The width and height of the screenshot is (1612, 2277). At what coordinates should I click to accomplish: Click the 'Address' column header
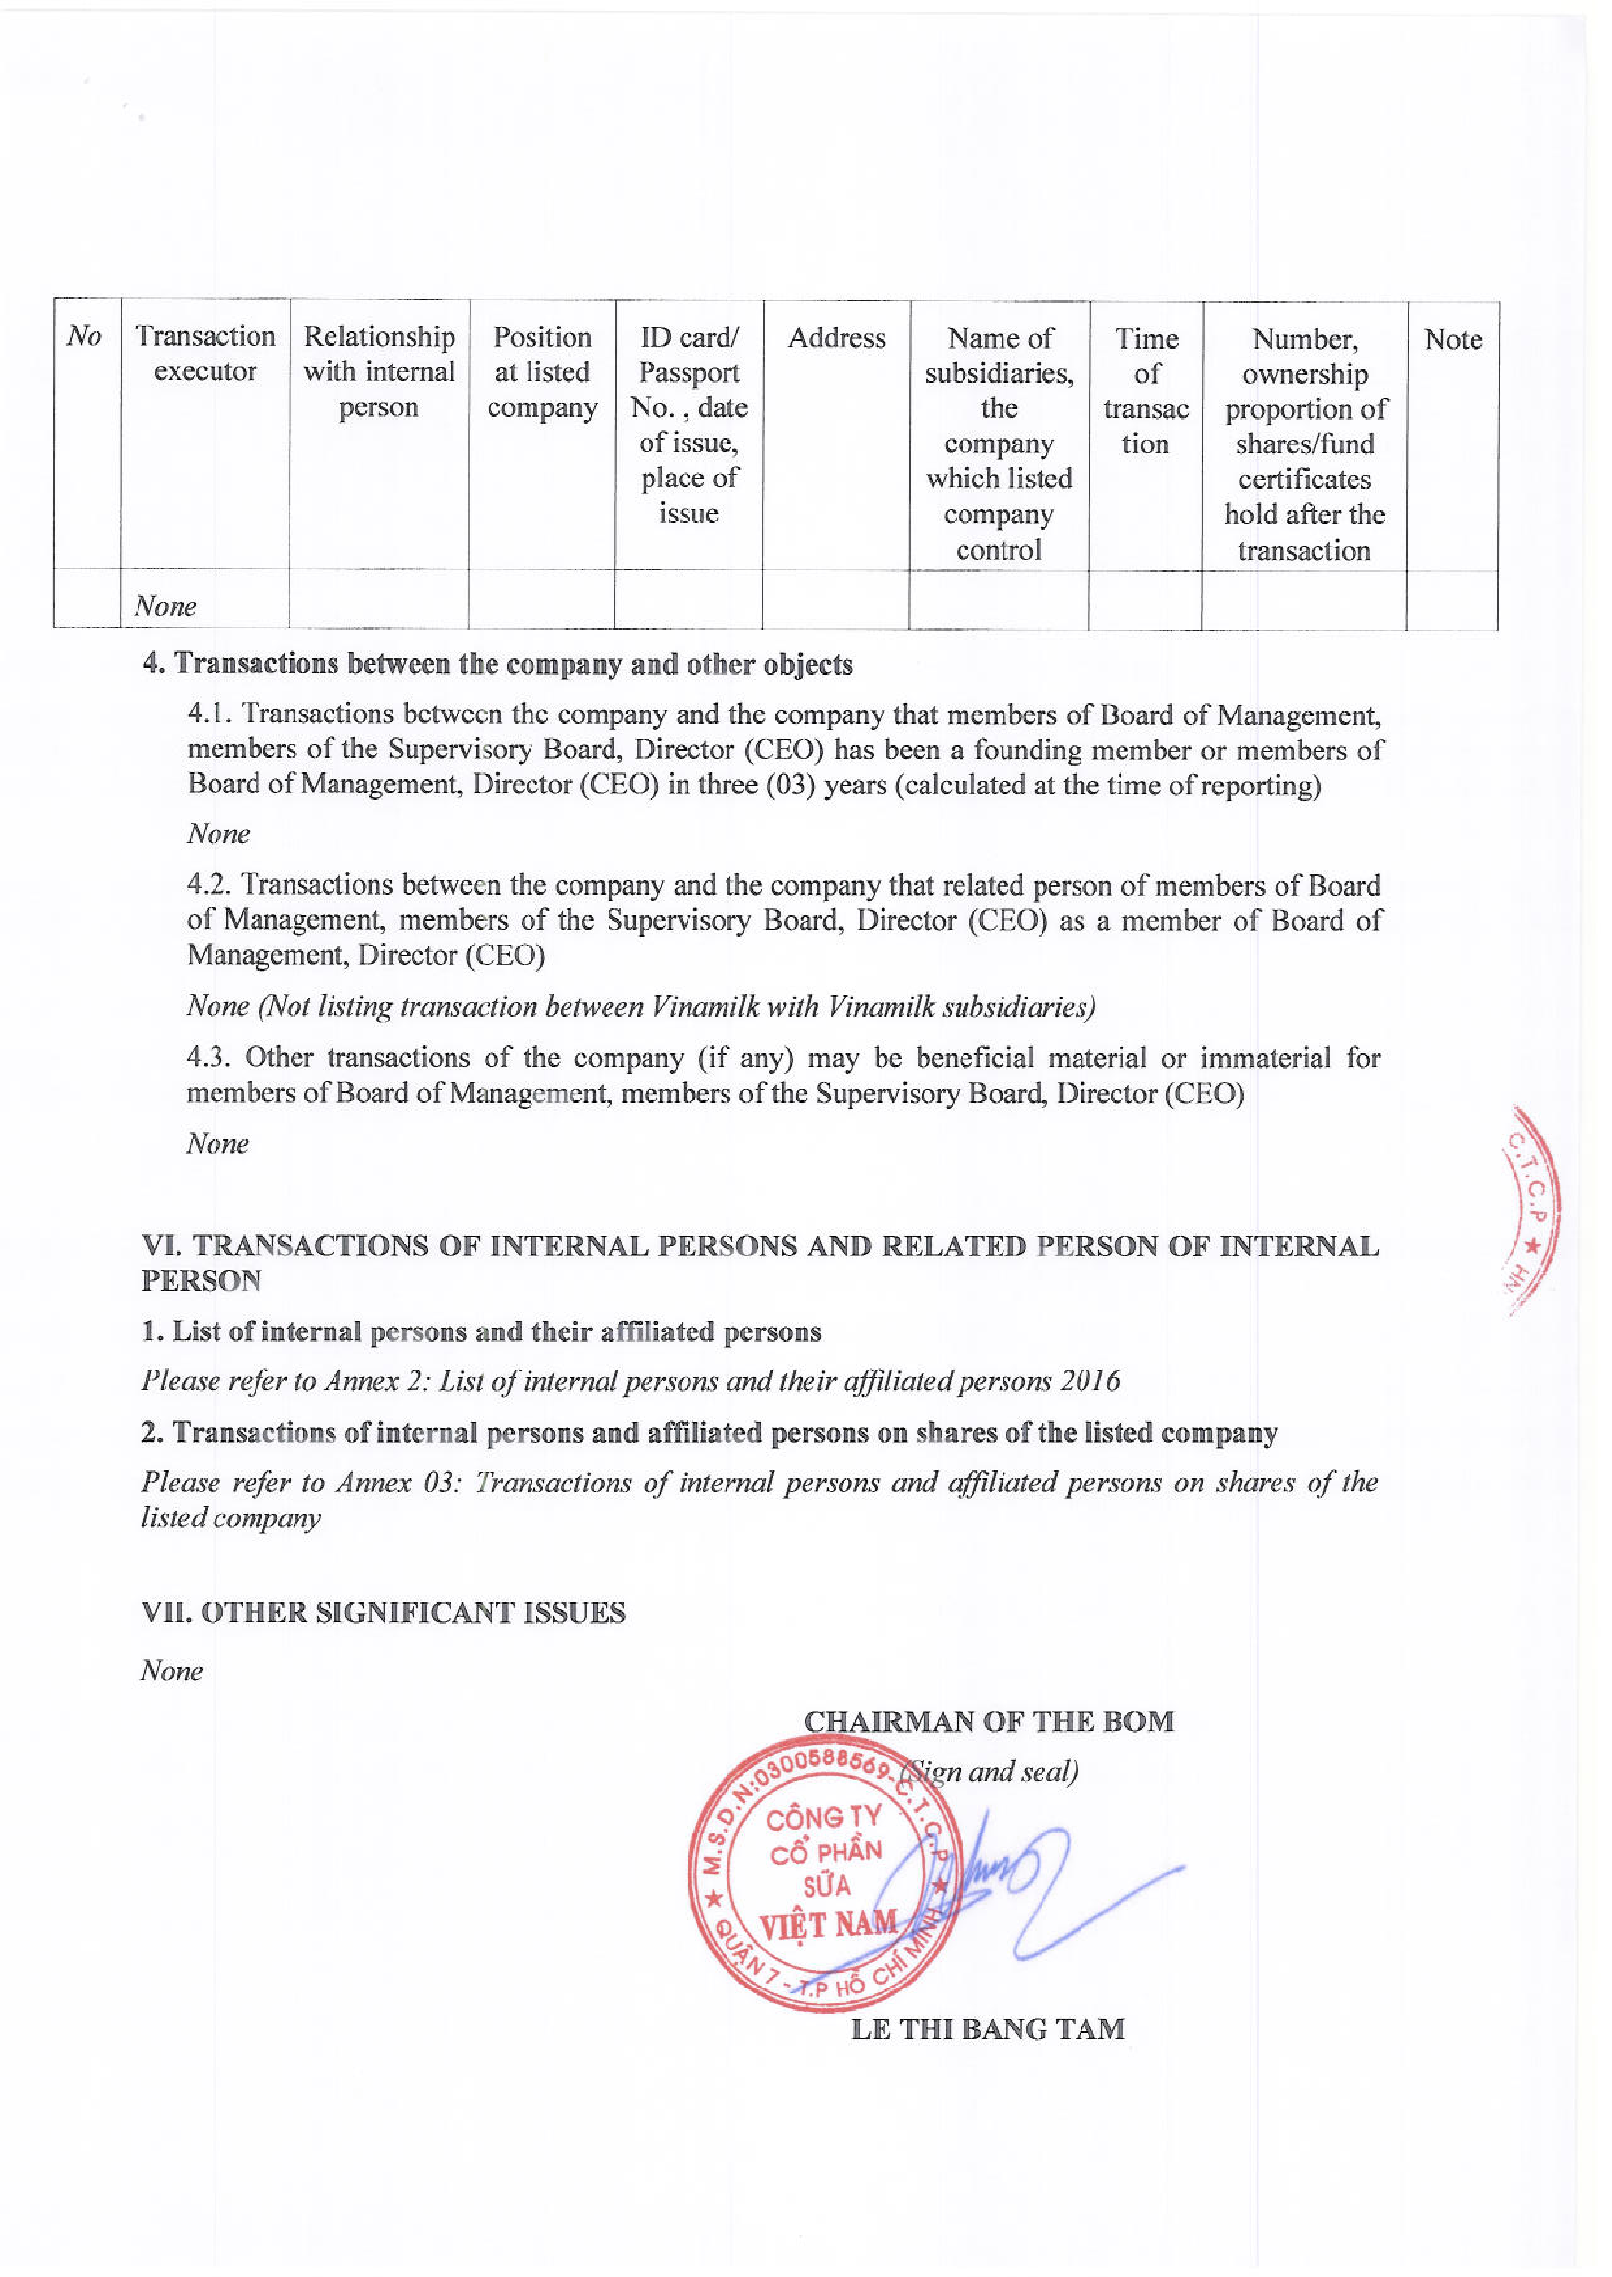pos(836,338)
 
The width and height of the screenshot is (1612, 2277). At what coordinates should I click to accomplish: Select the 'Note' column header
pos(1452,339)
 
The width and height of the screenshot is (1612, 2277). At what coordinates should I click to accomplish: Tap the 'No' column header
pos(85,336)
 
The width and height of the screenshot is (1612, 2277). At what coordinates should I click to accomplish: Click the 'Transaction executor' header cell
pos(205,353)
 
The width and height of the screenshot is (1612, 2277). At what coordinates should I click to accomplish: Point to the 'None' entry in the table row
pos(166,605)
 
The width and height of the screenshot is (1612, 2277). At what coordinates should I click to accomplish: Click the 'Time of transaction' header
pos(1146,391)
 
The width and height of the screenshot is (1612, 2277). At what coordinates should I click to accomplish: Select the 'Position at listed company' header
pos(542,372)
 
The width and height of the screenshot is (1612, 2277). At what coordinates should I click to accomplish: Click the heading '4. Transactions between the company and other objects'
pos(497,664)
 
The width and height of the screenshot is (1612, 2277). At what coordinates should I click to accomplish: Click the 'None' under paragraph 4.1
pos(217,833)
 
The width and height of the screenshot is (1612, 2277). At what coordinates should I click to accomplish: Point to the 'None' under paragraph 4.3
pos(217,1144)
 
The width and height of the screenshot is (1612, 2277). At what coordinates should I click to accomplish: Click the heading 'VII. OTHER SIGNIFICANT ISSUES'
pos(383,1613)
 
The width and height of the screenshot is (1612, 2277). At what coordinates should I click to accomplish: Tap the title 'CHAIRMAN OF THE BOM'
pos(988,1721)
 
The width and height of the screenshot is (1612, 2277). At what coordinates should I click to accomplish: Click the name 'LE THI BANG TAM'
pos(988,2029)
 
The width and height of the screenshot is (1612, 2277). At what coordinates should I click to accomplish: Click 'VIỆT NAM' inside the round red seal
pos(828,1925)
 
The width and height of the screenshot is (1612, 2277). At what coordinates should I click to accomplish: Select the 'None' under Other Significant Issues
pos(172,1671)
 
